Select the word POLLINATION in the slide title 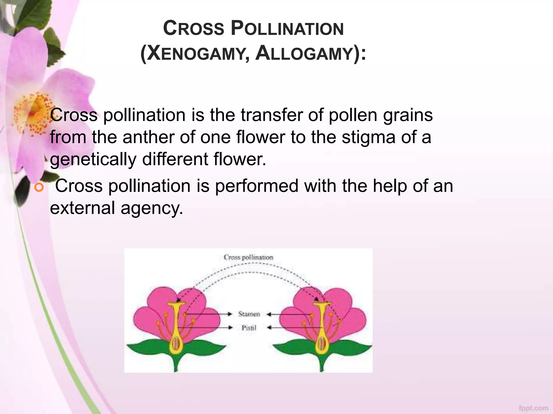click(x=287, y=29)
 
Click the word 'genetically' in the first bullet click(x=93, y=159)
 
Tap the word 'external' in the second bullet click(x=82, y=208)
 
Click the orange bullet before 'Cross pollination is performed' click(x=39, y=187)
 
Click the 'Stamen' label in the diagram click(x=249, y=314)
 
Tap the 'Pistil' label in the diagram click(x=249, y=328)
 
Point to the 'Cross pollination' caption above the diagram click(x=248, y=257)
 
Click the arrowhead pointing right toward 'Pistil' click(x=230, y=328)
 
